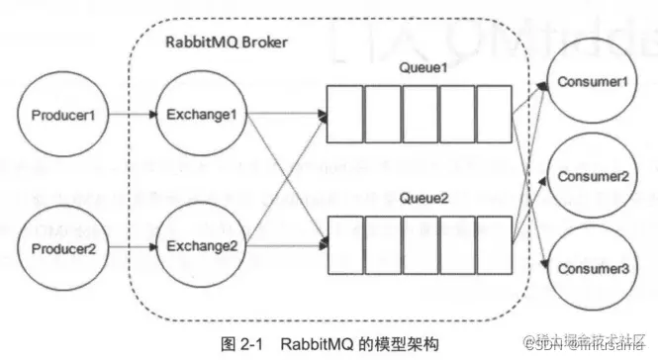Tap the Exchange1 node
[198, 116]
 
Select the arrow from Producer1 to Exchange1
[129, 116]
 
